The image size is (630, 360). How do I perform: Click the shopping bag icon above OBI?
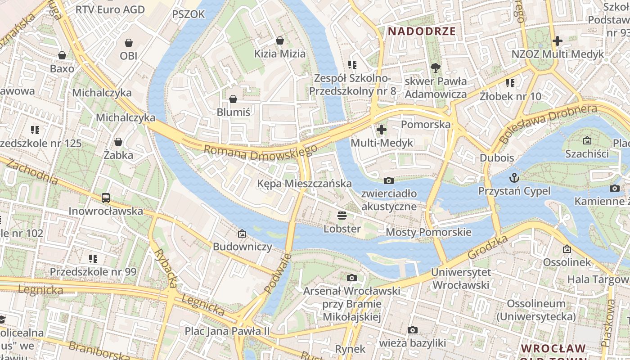[x=129, y=43]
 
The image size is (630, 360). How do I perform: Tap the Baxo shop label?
[x=62, y=69]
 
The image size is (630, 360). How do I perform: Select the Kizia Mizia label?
[x=279, y=54]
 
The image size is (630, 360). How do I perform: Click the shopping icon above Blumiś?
[x=233, y=99]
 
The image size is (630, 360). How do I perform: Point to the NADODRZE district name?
[x=422, y=31]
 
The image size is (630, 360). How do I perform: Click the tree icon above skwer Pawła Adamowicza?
[x=435, y=68]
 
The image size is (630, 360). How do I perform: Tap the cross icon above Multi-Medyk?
[x=382, y=130]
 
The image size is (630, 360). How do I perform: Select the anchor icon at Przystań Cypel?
[x=514, y=178]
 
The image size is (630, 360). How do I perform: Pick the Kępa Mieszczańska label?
[x=304, y=184]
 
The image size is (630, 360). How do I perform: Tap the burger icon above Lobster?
[x=342, y=215]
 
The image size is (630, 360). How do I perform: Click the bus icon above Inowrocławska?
[x=106, y=198]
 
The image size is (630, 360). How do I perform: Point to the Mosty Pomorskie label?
[x=428, y=232]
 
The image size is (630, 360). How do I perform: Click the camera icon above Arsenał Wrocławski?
[x=352, y=278]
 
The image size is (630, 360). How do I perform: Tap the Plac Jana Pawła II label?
[x=227, y=331]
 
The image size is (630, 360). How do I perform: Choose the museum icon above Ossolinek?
[x=567, y=248]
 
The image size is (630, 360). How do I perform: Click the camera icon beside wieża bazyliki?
[x=412, y=330]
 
